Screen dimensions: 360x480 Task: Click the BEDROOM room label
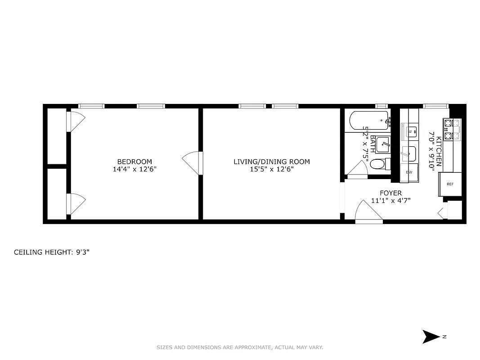[x=135, y=162]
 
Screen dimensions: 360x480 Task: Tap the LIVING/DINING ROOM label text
[x=271, y=162]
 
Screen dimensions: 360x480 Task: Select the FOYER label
[x=390, y=193]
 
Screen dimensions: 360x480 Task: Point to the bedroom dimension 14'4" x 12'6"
[x=135, y=170]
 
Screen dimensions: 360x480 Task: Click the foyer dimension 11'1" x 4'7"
[x=390, y=201]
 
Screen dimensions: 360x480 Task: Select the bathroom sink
[x=382, y=144]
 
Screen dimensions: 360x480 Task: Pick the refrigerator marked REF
[x=450, y=184]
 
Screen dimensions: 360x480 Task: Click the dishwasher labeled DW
[x=409, y=172]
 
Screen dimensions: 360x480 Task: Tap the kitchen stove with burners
[x=452, y=129]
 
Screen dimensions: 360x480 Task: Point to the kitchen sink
[x=409, y=154]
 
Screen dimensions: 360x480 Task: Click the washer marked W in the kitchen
[x=410, y=131]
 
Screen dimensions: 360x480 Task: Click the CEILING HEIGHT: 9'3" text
[x=52, y=252]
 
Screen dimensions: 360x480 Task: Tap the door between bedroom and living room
[x=193, y=162]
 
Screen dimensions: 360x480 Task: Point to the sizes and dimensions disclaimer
[x=240, y=347]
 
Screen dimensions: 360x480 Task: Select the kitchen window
[x=435, y=106]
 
